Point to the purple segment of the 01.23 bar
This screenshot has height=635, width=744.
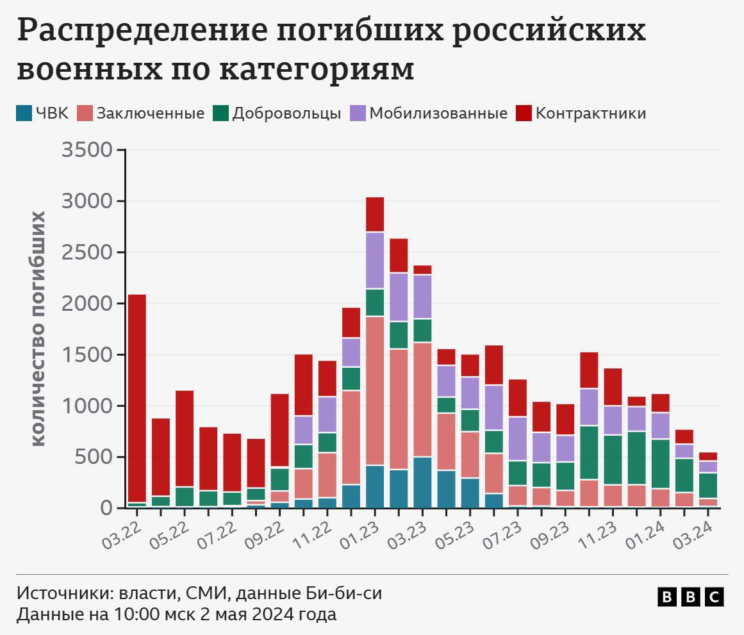[x=375, y=260]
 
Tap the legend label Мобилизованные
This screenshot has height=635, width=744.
[x=439, y=113]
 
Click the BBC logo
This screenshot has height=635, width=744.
[x=691, y=597]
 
